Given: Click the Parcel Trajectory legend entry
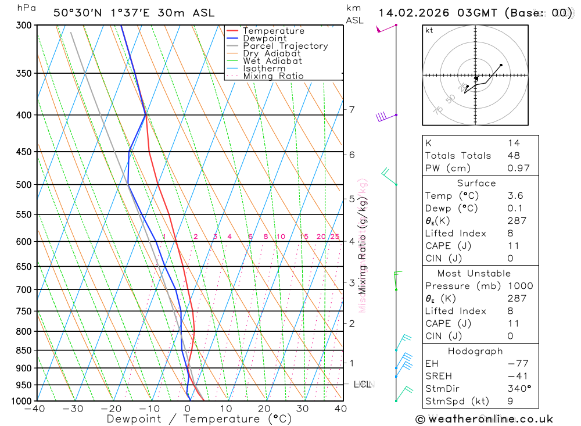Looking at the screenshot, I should (x=285, y=46).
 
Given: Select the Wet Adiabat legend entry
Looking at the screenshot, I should (x=272, y=61).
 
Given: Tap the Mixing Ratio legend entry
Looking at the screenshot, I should (x=273, y=76).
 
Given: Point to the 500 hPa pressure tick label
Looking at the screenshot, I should (x=24, y=185).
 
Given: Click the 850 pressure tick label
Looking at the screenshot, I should (x=24, y=350).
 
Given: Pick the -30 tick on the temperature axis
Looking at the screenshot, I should (x=73, y=409).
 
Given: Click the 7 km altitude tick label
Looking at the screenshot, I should (x=352, y=109).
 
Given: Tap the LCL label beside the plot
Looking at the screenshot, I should (x=363, y=384).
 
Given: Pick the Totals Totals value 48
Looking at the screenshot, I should (x=513, y=156).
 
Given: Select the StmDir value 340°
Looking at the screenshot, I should (x=518, y=389).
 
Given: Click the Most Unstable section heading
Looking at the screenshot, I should (x=474, y=273).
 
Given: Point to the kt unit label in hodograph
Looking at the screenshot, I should (x=429, y=30).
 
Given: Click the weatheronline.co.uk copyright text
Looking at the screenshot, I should (x=484, y=419).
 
